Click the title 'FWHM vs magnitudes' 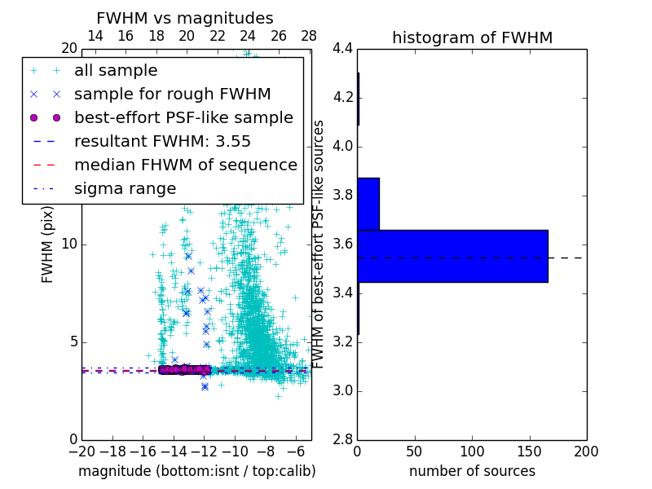pyautogui.click(x=185, y=18)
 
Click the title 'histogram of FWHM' pyautogui.click(x=472, y=37)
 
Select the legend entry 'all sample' pyautogui.click(x=116, y=71)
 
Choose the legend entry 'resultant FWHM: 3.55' pyautogui.click(x=162, y=141)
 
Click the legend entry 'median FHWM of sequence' pyautogui.click(x=185, y=165)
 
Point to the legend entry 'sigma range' pyautogui.click(x=125, y=188)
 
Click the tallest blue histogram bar pyautogui.click(x=452, y=256)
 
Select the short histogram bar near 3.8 pyautogui.click(x=368, y=204)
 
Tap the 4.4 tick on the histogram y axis pyautogui.click(x=342, y=49)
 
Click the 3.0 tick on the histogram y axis pyautogui.click(x=342, y=391)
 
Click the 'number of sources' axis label pyautogui.click(x=472, y=471)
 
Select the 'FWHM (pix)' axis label pyautogui.click(x=48, y=244)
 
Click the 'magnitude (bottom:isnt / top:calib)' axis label pyautogui.click(x=196, y=471)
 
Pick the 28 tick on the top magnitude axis pyautogui.click(x=309, y=36)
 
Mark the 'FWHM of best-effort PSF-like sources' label pyautogui.click(x=319, y=244)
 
